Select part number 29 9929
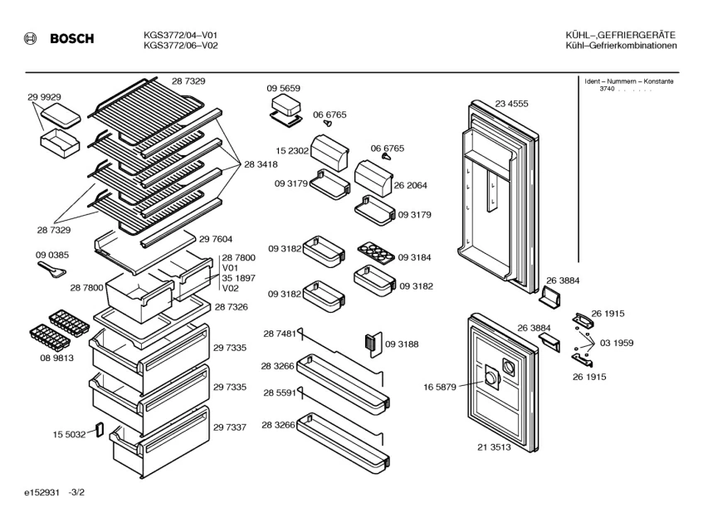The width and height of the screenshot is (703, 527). pos(44,97)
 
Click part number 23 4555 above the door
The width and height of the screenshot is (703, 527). pos(512,104)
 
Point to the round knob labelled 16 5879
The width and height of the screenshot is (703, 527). pos(494,378)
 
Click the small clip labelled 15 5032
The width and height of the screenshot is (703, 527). pos(100,429)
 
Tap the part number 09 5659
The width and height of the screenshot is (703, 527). pos(283,88)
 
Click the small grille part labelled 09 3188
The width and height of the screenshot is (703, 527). pos(370,342)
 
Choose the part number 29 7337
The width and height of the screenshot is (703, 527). pos(230,427)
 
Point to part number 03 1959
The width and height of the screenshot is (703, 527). pos(617,342)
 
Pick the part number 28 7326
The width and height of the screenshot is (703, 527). pos(232,307)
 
